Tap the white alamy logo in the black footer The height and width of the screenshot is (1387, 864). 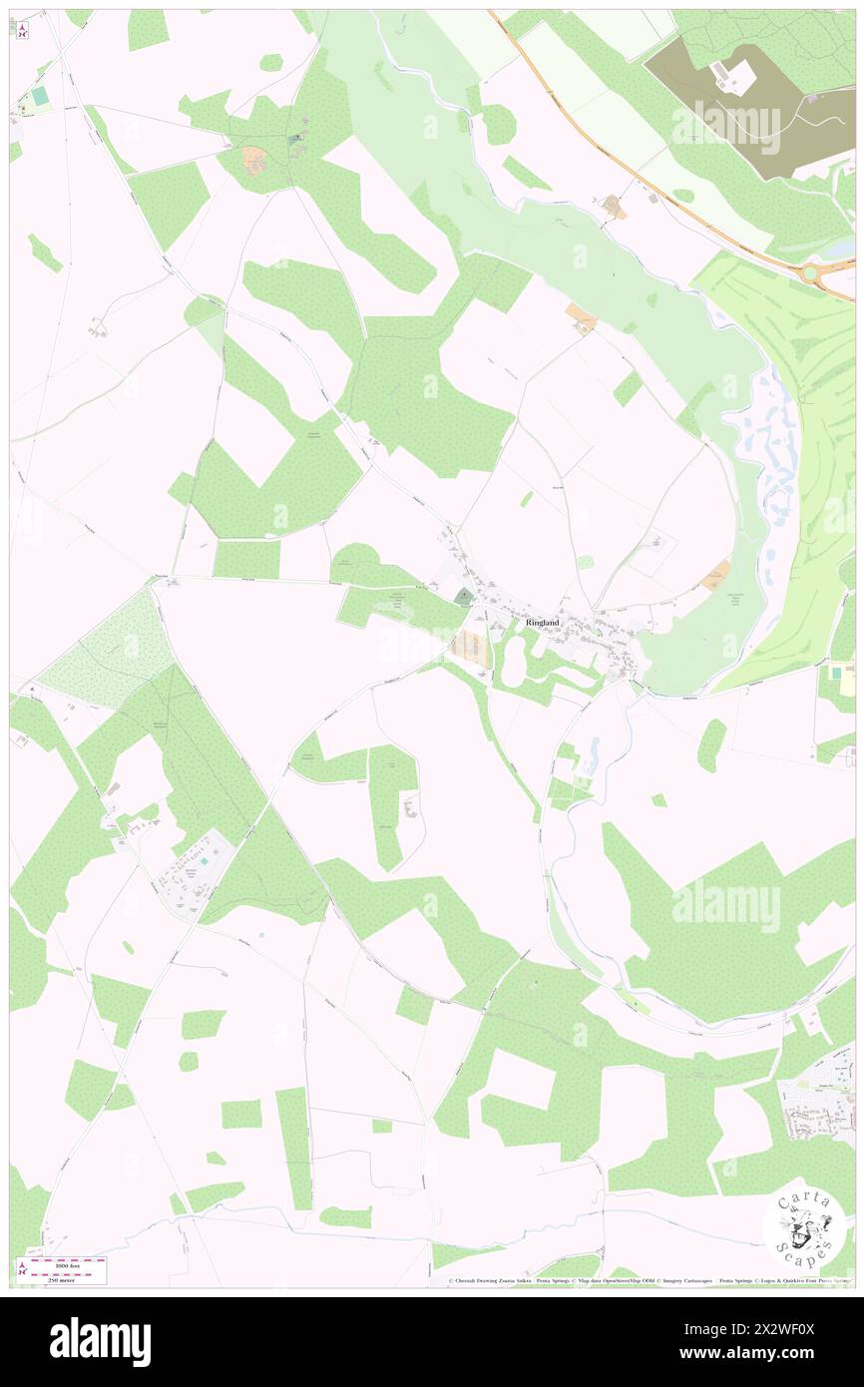tap(100, 1342)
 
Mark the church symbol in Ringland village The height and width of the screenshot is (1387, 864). tap(464, 597)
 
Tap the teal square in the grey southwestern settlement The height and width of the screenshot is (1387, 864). tap(206, 859)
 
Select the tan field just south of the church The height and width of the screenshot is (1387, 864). tap(469, 648)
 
